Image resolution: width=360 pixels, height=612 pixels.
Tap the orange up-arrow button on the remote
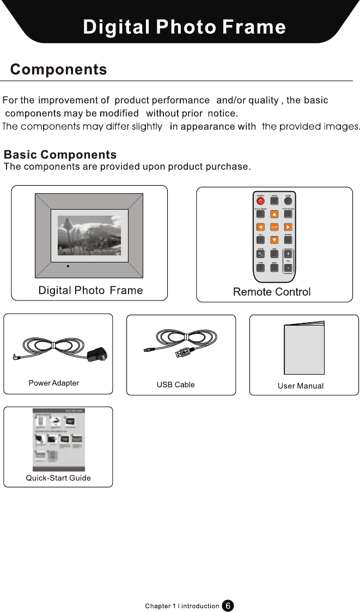click(274, 213)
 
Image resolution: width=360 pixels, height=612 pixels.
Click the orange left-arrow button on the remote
click(261, 227)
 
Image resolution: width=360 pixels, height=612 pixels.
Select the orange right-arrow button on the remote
click(288, 227)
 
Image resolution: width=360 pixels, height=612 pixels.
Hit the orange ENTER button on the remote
click(274, 227)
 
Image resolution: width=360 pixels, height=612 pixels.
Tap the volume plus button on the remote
click(288, 254)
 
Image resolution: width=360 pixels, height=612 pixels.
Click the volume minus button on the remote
click(288, 267)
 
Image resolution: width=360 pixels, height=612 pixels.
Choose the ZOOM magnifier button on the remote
click(261, 254)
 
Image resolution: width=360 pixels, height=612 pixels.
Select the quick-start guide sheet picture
click(59, 439)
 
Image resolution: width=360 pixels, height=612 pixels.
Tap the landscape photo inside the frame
click(89, 236)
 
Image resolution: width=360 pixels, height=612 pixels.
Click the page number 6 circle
click(228, 605)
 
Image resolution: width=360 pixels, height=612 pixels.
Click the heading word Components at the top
click(59, 70)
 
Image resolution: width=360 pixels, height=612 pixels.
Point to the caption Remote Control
click(272, 292)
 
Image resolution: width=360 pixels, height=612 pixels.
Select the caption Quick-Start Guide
click(58, 478)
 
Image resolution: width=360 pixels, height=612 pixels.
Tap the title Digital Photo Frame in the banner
click(184, 27)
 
